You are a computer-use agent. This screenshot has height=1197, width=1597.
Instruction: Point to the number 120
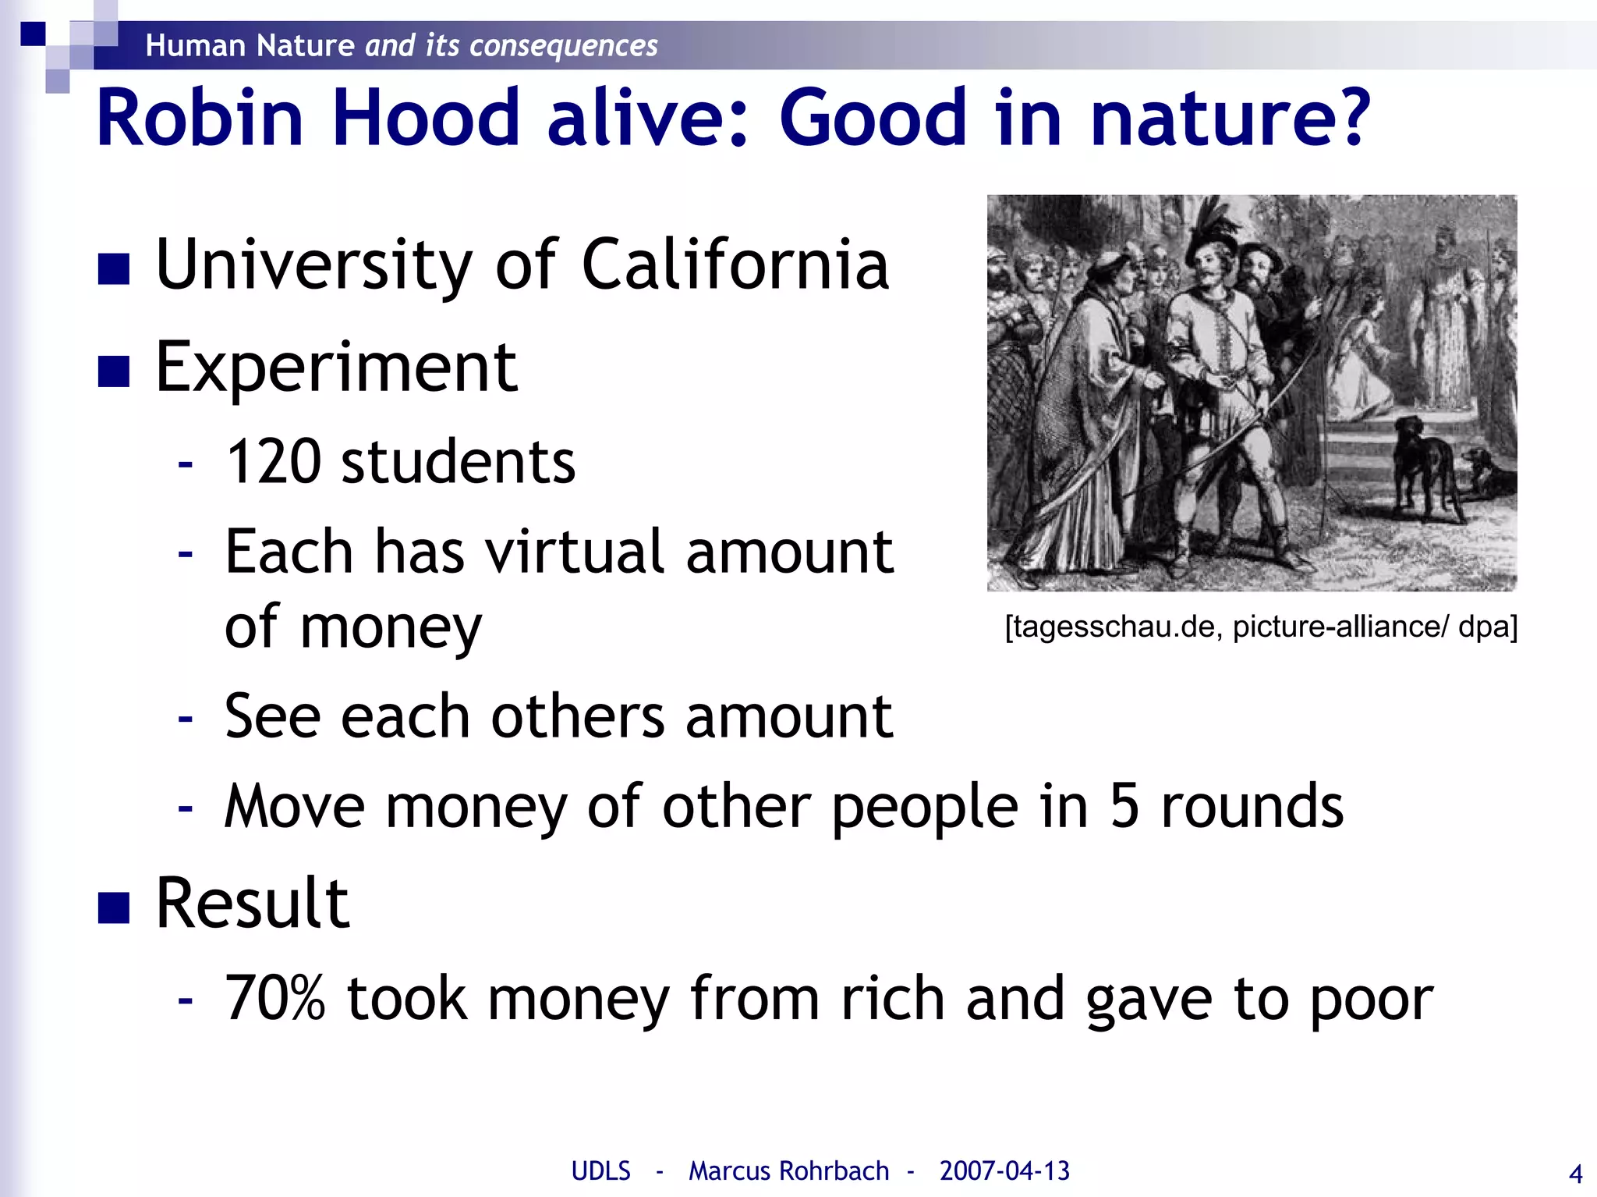coord(273,462)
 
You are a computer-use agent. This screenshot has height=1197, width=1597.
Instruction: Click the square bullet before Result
coord(114,908)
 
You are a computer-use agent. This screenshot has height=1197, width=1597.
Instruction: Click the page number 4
coord(1575,1174)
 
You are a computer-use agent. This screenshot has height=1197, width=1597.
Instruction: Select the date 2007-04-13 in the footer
coord(1004,1170)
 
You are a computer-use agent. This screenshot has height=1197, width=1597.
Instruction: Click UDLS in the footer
coord(600,1170)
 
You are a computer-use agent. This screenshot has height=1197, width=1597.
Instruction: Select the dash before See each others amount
coord(185,717)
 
